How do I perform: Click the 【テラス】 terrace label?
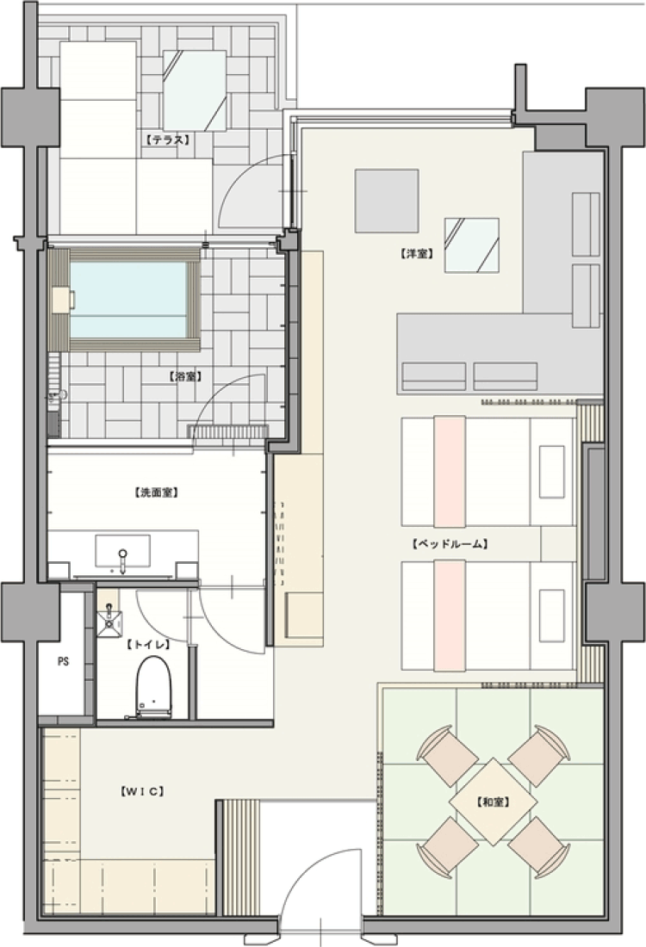[167, 139]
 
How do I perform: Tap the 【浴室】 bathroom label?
[184, 376]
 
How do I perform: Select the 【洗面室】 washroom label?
[155, 492]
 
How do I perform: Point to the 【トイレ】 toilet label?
[148, 645]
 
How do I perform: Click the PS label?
[63, 661]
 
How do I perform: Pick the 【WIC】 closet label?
[142, 791]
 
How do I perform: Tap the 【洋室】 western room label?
[417, 254]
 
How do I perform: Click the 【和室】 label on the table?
[493, 802]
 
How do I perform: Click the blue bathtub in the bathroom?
[128, 300]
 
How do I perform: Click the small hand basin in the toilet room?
[110, 624]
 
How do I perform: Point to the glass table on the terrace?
[195, 90]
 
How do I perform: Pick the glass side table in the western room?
[471, 245]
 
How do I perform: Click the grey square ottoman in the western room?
[387, 201]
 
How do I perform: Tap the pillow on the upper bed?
[552, 472]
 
